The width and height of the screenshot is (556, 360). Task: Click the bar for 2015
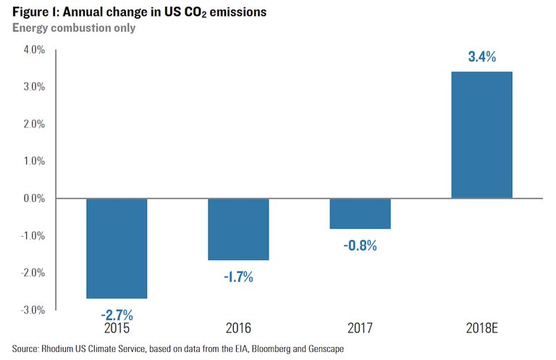[x=117, y=248]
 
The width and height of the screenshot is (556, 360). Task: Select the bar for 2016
[x=238, y=229]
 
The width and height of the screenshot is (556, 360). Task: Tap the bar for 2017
[x=360, y=213]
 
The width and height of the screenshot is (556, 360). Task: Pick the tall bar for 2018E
[x=481, y=135]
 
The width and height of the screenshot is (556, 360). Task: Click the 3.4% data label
[x=481, y=57]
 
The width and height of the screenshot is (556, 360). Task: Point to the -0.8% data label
[x=360, y=246]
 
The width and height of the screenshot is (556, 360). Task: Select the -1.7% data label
[x=238, y=277]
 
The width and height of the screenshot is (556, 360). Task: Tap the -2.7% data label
[x=117, y=315]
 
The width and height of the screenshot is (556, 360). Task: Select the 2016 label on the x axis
[x=238, y=328]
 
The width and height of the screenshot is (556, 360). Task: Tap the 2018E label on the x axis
[x=481, y=328]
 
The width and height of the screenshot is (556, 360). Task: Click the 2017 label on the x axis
[x=360, y=328]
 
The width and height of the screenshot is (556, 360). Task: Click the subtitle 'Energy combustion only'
[x=74, y=28]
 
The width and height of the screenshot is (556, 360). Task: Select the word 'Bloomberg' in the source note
[x=257, y=348]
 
